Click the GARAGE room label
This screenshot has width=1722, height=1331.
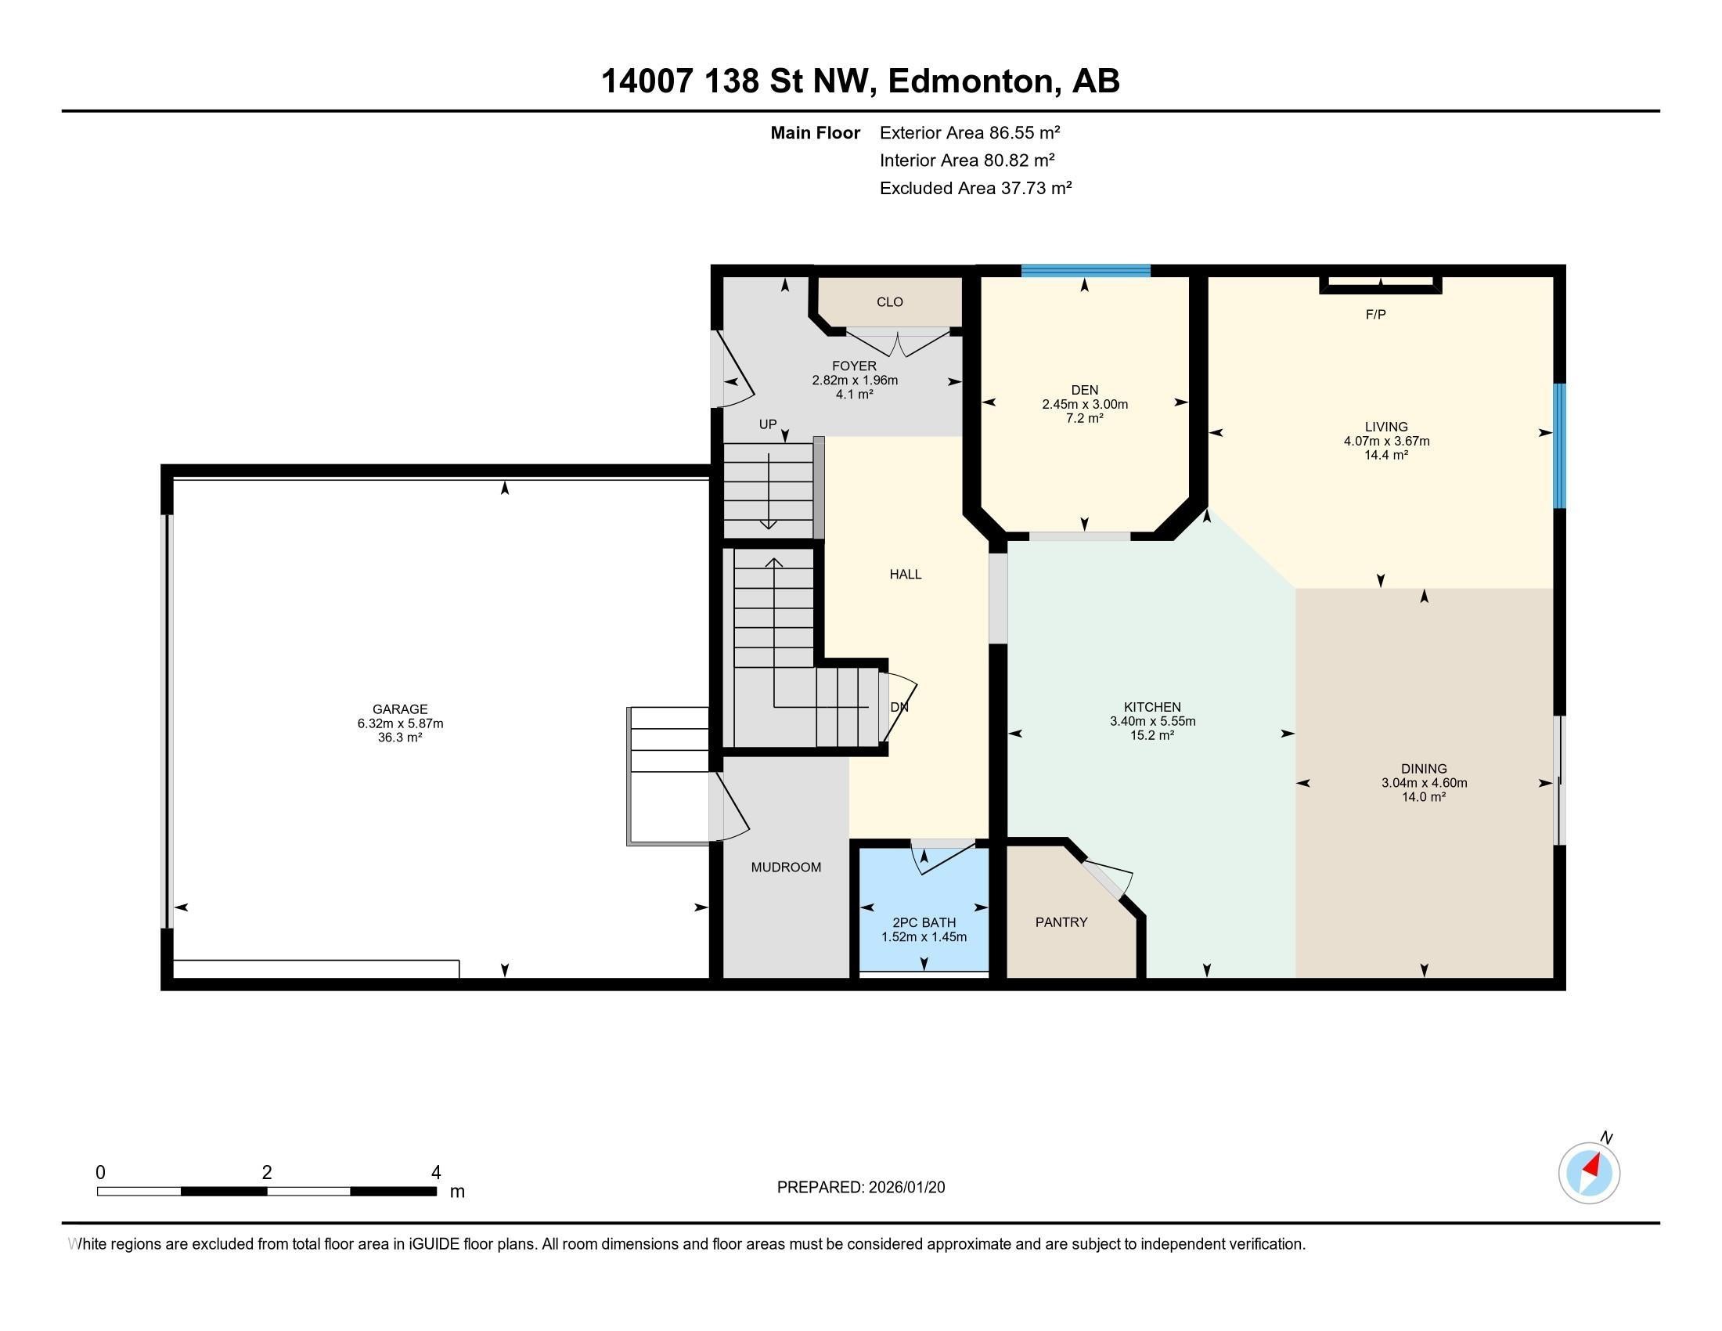pyautogui.click(x=400, y=709)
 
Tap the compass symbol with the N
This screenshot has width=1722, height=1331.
pyautogui.click(x=1589, y=1173)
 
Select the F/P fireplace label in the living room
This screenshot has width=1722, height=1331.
pyautogui.click(x=1375, y=315)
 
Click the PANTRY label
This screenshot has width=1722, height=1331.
pyautogui.click(x=1061, y=922)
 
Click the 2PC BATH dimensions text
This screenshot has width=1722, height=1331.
pyautogui.click(x=924, y=936)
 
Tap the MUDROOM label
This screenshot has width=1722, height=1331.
pyautogui.click(x=785, y=867)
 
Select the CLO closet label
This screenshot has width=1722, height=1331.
pyautogui.click(x=889, y=302)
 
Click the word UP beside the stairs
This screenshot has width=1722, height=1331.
pyautogui.click(x=767, y=424)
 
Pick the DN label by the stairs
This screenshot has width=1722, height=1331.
pyautogui.click(x=899, y=707)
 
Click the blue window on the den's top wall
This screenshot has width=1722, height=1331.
pyautogui.click(x=1085, y=270)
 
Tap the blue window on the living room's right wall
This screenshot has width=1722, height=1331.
pyautogui.click(x=1558, y=445)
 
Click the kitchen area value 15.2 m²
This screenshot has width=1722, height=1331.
pyautogui.click(x=1152, y=735)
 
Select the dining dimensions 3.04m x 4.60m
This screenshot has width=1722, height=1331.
pyautogui.click(x=1423, y=783)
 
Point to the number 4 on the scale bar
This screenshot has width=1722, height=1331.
pyautogui.click(x=435, y=1173)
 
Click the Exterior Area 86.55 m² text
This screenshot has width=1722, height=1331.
pyautogui.click(x=969, y=132)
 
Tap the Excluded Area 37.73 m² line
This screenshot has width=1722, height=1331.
pyautogui.click(x=975, y=188)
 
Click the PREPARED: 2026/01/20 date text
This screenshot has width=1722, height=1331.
pyautogui.click(x=860, y=1188)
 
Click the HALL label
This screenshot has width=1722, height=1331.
pyautogui.click(x=905, y=574)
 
